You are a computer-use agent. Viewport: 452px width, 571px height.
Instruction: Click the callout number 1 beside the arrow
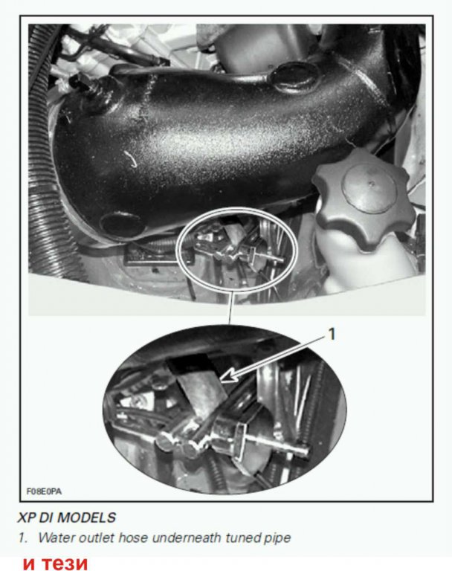tap(331, 334)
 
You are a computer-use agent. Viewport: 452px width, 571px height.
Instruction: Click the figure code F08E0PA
tap(44, 491)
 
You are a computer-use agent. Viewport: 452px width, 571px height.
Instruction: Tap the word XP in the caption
tap(25, 517)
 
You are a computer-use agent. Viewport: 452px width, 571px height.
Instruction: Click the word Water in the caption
tap(56, 538)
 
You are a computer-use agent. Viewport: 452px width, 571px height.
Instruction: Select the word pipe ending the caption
tap(277, 538)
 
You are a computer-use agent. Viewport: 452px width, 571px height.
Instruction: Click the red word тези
tap(65, 563)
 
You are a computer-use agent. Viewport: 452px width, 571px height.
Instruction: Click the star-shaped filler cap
tap(364, 199)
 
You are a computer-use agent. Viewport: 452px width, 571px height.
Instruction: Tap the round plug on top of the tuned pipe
tap(294, 77)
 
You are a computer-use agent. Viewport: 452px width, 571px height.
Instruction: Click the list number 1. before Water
tap(23, 538)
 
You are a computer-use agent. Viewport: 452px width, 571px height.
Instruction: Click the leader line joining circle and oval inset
tap(231, 309)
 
